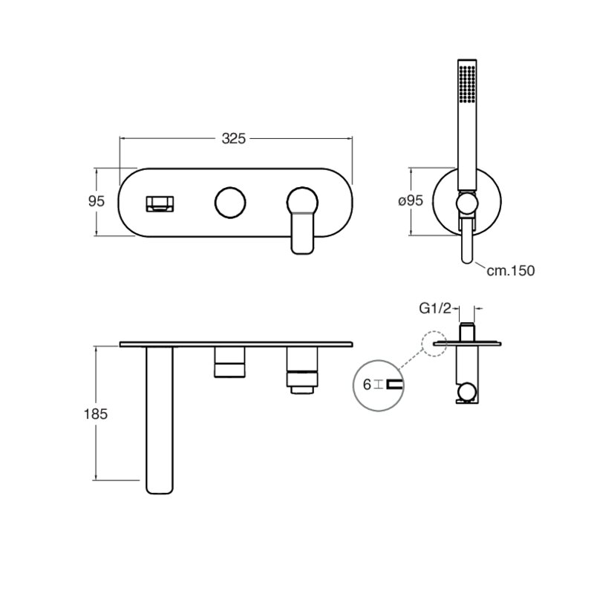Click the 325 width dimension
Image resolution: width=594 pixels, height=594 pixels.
tap(233, 139)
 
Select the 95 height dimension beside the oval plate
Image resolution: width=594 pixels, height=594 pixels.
tap(97, 201)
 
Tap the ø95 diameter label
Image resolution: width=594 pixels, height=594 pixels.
tap(411, 200)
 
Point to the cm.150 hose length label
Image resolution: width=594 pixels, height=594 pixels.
tap(511, 270)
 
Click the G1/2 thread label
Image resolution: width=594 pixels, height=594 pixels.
tap(435, 309)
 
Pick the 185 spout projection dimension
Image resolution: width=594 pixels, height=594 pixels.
tap(96, 414)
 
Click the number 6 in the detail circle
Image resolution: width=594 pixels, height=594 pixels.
tap(367, 385)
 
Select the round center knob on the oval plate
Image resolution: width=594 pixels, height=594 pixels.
tap(230, 202)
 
